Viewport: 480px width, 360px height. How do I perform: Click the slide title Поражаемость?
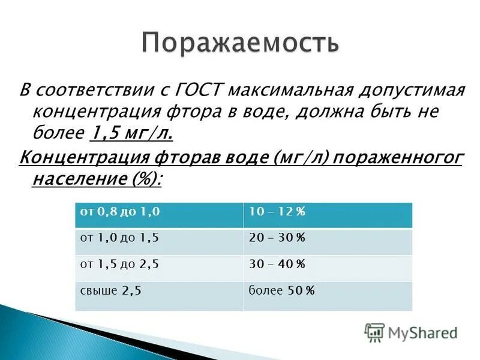pyautogui.click(x=241, y=43)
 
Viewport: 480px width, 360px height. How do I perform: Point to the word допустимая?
pyautogui.click(x=410, y=90)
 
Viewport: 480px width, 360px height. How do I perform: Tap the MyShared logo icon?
pyautogui.click(x=374, y=332)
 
